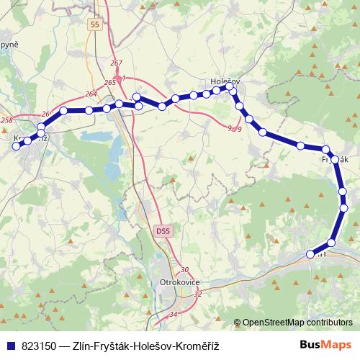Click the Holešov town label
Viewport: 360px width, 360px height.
point(225,73)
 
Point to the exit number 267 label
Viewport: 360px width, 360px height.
point(117,63)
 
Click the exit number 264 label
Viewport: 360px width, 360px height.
point(91,94)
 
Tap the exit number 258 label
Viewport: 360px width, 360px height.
point(7,120)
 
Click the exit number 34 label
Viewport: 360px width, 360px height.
point(173,315)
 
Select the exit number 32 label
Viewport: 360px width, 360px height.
point(198,294)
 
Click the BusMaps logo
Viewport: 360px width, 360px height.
point(325,345)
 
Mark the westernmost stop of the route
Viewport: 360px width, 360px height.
point(16,146)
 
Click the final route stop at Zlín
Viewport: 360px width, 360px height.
point(311,253)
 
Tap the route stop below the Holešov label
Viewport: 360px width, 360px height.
point(230,86)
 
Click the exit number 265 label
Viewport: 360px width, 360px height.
point(109,83)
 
